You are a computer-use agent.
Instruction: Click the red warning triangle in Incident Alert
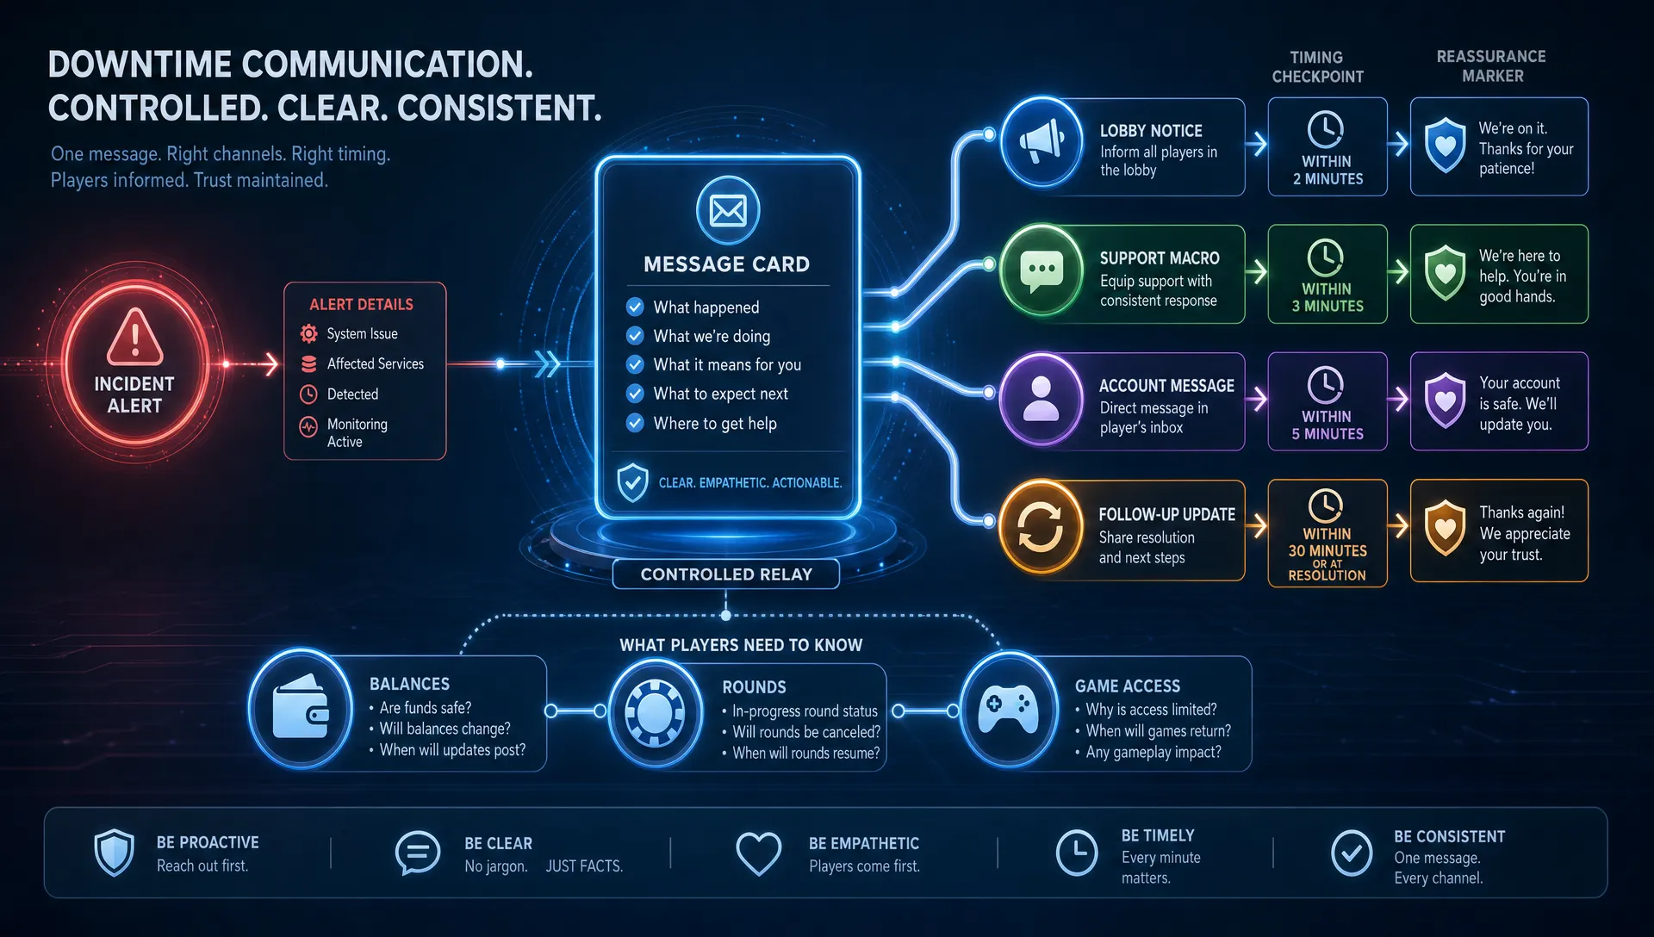134,337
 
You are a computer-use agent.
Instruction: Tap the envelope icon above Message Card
728,210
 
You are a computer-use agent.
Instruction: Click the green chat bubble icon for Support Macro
1042,270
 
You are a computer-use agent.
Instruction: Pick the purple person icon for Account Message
1041,399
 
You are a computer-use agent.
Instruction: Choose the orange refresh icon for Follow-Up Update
1041,526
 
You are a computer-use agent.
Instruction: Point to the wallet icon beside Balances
301,708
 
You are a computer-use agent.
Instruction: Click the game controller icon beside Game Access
1008,710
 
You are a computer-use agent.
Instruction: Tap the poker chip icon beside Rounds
655,712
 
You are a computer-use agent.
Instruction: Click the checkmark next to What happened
635,307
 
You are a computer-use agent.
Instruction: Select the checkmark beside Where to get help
635,423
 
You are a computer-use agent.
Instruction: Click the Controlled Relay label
726,574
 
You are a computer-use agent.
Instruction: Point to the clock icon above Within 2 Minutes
1326,130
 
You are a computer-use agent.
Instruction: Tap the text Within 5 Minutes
1328,425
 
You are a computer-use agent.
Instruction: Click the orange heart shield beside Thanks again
1446,527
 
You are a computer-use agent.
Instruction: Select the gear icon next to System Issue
308,333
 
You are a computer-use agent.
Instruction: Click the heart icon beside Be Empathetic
759,853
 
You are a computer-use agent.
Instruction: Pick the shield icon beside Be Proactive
115,853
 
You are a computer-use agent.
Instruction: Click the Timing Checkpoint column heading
1318,67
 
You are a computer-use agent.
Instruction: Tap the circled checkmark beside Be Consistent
1352,853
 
